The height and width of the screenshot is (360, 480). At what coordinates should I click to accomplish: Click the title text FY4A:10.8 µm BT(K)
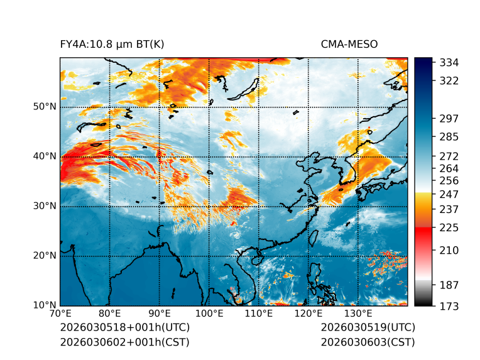(x=112, y=44)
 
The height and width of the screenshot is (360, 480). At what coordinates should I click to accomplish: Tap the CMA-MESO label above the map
(x=349, y=44)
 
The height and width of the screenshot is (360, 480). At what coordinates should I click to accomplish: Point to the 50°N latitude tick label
(x=45, y=106)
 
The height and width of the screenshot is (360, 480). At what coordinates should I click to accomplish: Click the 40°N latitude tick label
(x=45, y=156)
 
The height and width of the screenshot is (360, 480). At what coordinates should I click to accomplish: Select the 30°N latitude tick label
(x=45, y=206)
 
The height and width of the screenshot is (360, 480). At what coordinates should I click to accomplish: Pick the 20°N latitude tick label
(x=45, y=256)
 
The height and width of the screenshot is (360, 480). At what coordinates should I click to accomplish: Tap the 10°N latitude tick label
(x=45, y=306)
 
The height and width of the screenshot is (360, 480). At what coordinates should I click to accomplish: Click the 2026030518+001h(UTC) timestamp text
(x=124, y=327)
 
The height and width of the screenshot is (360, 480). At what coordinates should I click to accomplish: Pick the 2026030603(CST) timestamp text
(x=368, y=342)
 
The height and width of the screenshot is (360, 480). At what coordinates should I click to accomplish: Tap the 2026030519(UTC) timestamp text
(x=368, y=327)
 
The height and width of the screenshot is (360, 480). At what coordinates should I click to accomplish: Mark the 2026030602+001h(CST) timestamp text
(x=124, y=342)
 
